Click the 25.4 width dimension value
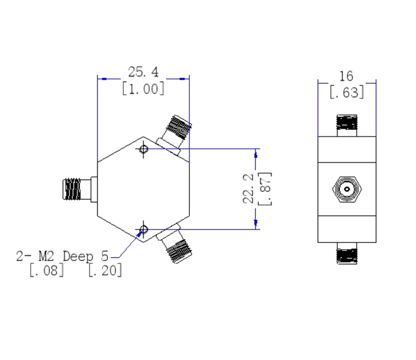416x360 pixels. click(x=143, y=72)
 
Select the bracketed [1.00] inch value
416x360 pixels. click(x=143, y=88)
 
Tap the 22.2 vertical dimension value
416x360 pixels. click(x=249, y=188)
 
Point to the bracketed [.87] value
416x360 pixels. click(x=265, y=188)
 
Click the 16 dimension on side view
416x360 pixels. click(x=346, y=76)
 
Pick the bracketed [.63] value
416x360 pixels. click(x=346, y=93)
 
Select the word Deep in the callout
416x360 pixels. click(x=79, y=256)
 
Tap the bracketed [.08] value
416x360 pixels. click(x=47, y=270)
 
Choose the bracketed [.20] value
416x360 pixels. click(x=105, y=270)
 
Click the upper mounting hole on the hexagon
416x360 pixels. click(x=144, y=149)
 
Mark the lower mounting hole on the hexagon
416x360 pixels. click(x=144, y=229)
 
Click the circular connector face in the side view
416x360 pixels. click(x=347, y=189)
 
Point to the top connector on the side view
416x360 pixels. click(x=347, y=124)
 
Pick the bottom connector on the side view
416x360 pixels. click(x=347, y=254)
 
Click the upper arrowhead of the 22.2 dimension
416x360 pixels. click(x=256, y=153)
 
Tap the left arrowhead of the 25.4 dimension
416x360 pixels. click(x=102, y=79)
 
